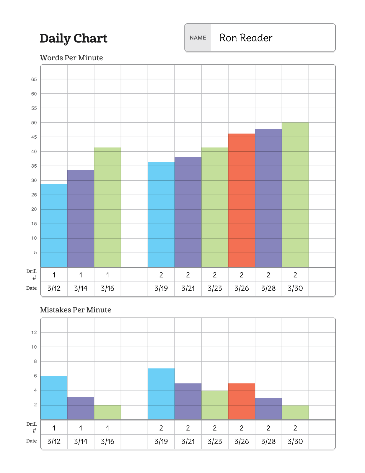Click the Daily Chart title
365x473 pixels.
73,38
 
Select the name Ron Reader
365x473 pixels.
246,38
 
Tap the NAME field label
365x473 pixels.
198,38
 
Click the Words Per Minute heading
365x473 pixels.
71,58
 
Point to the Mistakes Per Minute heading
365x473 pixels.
76,310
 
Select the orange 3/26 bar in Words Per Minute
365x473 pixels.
242,200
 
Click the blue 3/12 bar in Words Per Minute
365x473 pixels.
54,226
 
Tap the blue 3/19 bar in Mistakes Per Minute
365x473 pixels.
161,394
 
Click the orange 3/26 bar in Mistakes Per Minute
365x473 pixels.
242,401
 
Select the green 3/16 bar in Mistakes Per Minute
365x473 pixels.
107,412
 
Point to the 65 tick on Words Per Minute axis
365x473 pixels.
34,79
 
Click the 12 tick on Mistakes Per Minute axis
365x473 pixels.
34,333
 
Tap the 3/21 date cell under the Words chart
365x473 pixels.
188,289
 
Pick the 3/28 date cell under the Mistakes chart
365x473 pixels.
268,441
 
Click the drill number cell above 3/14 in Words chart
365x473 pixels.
81,275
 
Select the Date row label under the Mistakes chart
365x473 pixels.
31,441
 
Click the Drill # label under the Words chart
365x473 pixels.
32,274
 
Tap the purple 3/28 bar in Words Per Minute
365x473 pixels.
268,198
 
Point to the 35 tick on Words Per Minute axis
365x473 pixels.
34,166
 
